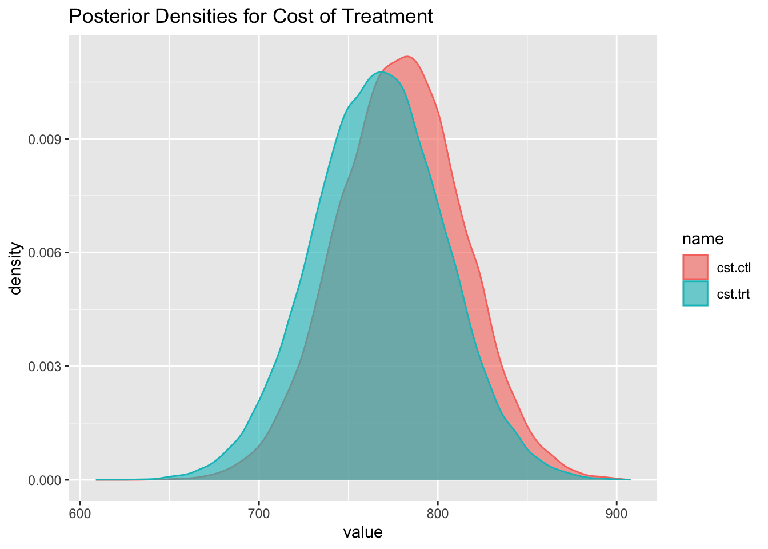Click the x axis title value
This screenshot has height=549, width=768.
pos(363,533)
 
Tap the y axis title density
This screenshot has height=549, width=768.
pos(17,268)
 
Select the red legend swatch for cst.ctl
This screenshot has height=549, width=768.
pos(695,267)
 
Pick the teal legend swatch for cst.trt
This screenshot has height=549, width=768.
pos(695,293)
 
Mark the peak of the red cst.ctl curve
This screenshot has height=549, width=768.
pos(407,57)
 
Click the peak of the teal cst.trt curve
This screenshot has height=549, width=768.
pos(381,71)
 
